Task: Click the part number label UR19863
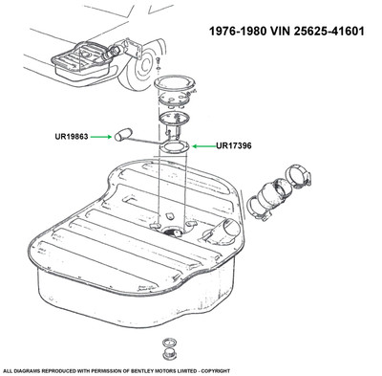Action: click(72, 137)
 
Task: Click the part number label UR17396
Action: click(234, 145)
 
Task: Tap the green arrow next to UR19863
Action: click(101, 137)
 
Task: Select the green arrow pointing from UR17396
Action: click(204, 146)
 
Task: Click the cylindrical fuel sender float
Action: click(123, 134)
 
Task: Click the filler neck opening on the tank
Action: click(230, 228)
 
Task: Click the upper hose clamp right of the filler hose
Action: click(298, 176)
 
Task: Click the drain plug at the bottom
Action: click(168, 355)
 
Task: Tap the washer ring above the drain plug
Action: click(168, 343)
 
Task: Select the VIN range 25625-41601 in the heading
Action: click(329, 32)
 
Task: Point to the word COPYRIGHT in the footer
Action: click(219, 371)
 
